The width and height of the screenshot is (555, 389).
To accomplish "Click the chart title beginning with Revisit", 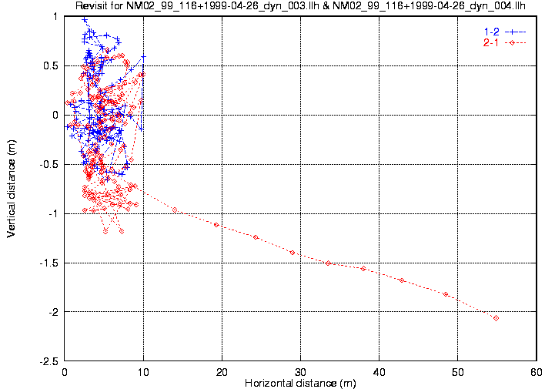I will pos(301,6).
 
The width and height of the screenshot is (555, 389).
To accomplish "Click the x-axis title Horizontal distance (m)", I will pos(300,382).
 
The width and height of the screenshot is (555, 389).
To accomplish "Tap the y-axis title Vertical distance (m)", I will pos(12,188).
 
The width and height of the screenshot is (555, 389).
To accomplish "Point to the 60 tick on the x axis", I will pos(536,371).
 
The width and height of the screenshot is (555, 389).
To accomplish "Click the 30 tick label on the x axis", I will pos(300,371).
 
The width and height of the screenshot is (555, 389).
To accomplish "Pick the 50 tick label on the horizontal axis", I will pos(457,371).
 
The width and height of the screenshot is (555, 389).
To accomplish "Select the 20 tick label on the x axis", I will pos(222,371).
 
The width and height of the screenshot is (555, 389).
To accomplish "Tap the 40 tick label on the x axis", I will pos(379,371).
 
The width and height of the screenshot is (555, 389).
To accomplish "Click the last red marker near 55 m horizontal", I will pos(496,318).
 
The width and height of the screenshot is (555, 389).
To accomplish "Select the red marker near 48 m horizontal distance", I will pos(446,294).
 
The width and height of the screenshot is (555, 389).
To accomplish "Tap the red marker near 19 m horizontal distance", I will pos(216,225).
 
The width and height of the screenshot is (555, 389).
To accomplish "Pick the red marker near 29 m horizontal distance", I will pos(293,253).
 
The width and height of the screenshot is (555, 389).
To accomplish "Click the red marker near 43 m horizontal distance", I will pos(402,280).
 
